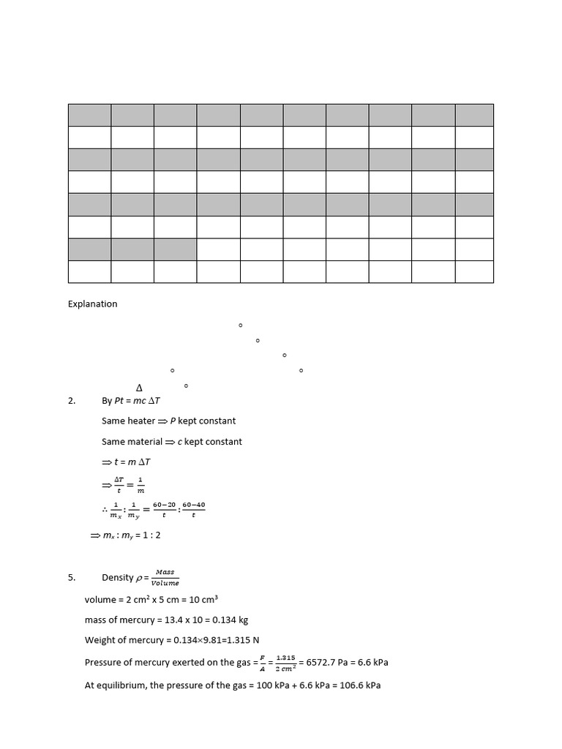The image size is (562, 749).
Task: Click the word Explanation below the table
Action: [x=92, y=304]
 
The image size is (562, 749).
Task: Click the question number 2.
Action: [x=72, y=400]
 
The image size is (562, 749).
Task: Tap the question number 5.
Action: [x=72, y=578]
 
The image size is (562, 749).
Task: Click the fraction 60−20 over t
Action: [x=164, y=509]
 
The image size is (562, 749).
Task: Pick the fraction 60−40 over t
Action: [x=193, y=509]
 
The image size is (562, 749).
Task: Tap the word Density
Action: [x=118, y=578]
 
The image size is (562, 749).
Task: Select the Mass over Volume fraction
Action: [x=165, y=578]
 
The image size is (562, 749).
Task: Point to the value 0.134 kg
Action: [x=228, y=620]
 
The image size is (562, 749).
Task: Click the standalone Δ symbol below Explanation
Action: [x=140, y=388]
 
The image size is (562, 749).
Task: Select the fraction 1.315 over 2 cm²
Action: [x=285, y=663]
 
